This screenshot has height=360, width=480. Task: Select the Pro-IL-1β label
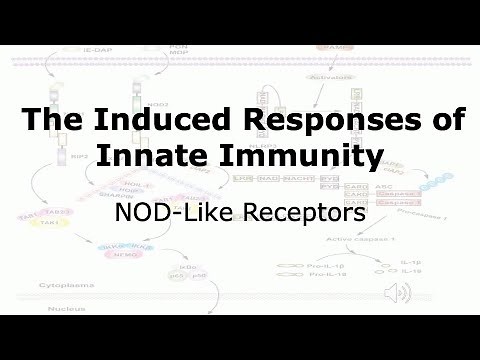(x=317, y=265)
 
